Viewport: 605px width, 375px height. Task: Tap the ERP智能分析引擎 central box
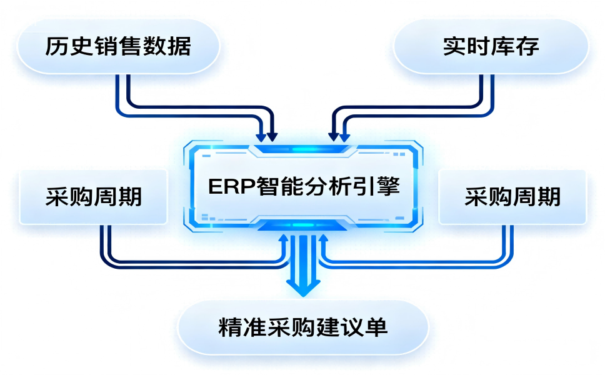coord(303,186)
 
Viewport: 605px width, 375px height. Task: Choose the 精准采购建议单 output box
coord(303,327)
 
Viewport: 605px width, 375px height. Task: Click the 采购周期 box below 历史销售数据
coord(94,197)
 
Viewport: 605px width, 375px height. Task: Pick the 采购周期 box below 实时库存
coord(512,197)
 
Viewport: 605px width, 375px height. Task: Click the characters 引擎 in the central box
coord(381,187)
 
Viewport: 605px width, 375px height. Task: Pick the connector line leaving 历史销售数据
coord(122,94)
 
